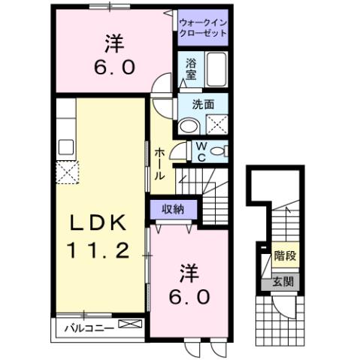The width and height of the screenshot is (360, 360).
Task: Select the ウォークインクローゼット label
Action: click(x=202, y=28)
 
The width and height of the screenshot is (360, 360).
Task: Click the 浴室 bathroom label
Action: click(x=191, y=70)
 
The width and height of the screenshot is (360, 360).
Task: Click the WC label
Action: click(x=203, y=152)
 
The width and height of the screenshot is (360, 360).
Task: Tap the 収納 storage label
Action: click(x=174, y=208)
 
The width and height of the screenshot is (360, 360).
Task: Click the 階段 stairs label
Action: click(x=285, y=256)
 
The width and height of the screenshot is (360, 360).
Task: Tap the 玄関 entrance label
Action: click(x=284, y=283)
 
